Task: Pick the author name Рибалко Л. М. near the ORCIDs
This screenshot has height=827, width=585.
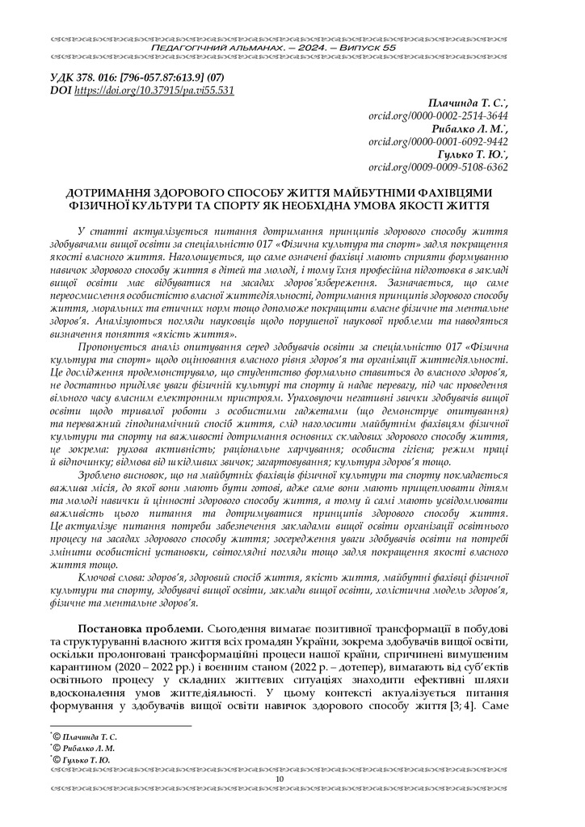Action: (469, 129)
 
